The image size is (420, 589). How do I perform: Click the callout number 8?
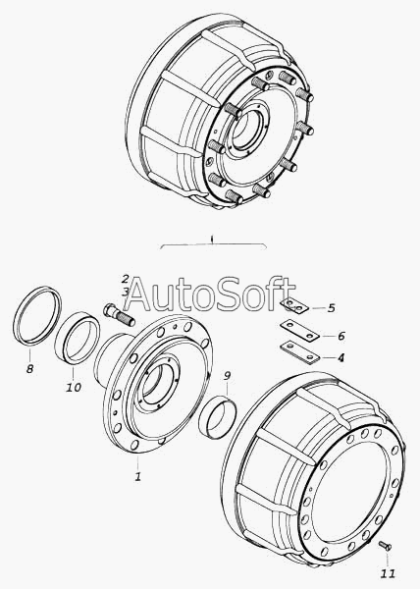[x=30, y=369]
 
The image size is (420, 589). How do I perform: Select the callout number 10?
[x=74, y=387]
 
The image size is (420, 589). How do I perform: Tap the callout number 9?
[x=227, y=375]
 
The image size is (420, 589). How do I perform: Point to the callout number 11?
[x=388, y=573]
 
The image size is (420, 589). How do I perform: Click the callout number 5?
[x=331, y=308]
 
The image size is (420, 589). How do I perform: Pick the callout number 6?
[x=341, y=336]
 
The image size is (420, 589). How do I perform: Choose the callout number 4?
[x=341, y=357]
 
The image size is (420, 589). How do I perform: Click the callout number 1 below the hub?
[x=138, y=476]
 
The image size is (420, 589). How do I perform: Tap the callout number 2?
[x=125, y=279]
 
